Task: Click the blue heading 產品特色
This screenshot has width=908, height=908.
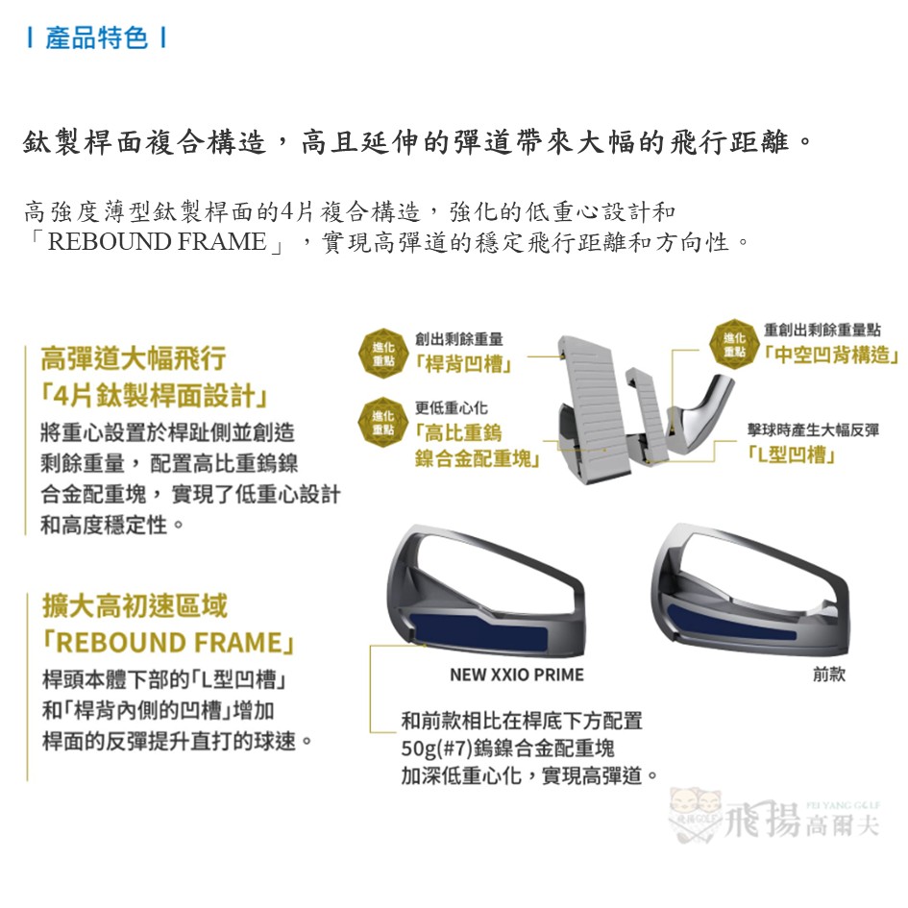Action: [96, 38]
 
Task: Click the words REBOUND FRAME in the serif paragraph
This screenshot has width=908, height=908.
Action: [157, 241]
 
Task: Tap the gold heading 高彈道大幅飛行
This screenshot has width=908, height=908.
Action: [134, 357]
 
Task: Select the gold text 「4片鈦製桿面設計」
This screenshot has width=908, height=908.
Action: [155, 396]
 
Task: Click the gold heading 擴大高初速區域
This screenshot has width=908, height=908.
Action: [135, 605]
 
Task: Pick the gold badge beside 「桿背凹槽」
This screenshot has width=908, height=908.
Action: [383, 354]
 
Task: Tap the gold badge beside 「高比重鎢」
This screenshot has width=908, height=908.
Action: [383, 422]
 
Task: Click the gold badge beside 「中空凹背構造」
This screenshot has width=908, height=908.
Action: [734, 345]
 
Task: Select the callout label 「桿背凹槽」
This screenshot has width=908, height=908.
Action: [464, 364]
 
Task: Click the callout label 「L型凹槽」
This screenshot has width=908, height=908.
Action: [791, 454]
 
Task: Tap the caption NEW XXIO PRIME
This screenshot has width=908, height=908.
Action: [517, 675]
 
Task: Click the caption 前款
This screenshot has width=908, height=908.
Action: [829, 675]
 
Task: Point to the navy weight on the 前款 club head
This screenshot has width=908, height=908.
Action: [731, 622]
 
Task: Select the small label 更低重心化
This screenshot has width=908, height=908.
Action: [451, 407]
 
